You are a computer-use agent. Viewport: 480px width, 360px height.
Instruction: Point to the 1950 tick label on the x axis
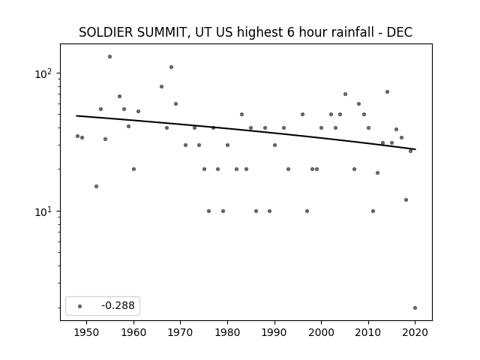[87, 332]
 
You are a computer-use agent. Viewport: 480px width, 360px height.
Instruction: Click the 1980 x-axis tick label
[227, 332]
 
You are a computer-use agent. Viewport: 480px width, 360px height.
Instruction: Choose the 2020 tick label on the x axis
[415, 332]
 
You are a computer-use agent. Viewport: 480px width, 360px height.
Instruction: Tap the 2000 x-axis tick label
[321, 332]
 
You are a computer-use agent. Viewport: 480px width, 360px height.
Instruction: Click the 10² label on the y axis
[45, 73]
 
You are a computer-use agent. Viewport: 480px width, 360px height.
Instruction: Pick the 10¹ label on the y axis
[45, 211]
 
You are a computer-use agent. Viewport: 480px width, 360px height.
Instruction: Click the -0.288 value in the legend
[118, 305]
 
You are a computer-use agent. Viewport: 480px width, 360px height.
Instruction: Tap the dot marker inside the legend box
[80, 306]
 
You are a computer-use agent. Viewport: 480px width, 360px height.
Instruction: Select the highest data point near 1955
[110, 57]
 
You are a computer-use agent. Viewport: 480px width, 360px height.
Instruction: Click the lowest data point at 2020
[415, 308]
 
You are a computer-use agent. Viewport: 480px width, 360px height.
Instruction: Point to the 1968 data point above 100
[172, 67]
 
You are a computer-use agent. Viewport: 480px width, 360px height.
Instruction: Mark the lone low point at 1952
[97, 187]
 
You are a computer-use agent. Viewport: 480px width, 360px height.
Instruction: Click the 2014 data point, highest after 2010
[387, 91]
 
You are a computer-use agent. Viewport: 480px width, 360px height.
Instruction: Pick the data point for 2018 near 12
[406, 200]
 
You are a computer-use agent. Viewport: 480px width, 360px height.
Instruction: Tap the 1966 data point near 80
[162, 87]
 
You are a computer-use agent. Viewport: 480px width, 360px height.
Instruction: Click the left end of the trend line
[76, 115]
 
